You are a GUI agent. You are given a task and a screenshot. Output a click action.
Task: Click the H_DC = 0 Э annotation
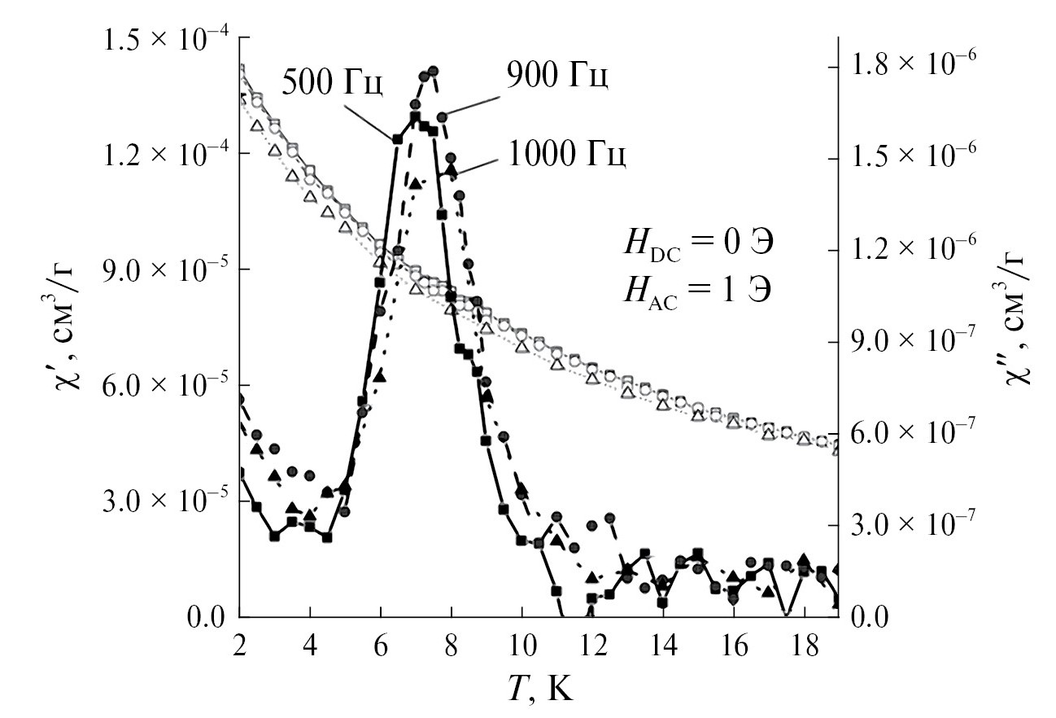[x=693, y=243]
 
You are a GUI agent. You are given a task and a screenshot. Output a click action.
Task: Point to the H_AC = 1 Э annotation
[x=693, y=289]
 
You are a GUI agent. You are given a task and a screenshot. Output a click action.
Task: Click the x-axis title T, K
[x=538, y=690]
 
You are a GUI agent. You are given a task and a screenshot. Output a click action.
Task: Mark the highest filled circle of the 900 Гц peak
[x=433, y=72]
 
